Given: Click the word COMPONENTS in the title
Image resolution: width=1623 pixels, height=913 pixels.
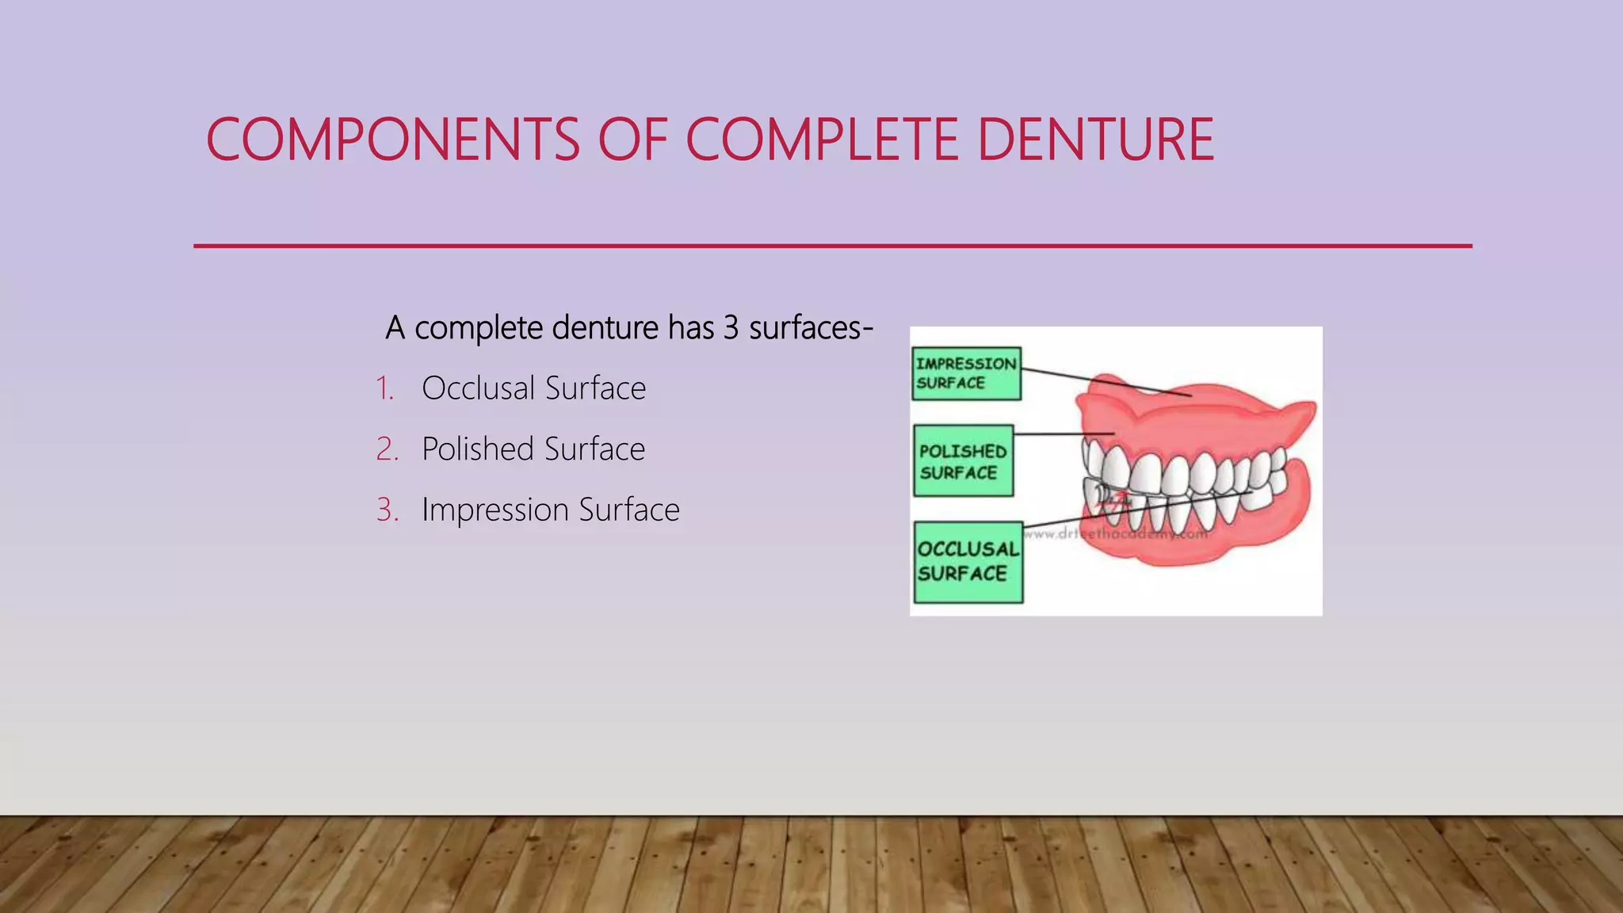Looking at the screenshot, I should (393, 140).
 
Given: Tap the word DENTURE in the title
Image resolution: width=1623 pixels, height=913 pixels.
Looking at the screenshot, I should (1095, 140).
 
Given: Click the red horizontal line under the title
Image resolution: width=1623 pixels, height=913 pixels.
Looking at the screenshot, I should (832, 246).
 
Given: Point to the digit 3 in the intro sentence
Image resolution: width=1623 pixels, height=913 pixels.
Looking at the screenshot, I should (731, 328).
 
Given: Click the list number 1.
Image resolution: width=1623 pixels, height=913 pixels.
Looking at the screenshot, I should (384, 389).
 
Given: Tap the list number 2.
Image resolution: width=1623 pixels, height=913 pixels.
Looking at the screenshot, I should (386, 449).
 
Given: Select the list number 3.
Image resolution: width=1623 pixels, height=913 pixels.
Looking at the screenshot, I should (386, 510).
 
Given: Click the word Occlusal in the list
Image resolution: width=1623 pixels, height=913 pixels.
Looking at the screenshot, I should (478, 389).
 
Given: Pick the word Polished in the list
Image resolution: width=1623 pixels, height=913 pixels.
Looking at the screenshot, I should (478, 449).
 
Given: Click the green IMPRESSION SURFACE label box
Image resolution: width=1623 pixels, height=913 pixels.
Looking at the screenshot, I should (966, 373).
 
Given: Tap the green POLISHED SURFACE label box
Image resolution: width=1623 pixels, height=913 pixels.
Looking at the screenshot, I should (963, 461).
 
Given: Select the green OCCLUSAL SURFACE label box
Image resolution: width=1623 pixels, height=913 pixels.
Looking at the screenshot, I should (968, 562).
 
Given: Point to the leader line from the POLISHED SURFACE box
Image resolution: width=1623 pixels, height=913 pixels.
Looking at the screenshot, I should (1062, 434).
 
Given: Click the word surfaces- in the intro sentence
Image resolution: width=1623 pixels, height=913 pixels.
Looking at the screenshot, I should (810, 328).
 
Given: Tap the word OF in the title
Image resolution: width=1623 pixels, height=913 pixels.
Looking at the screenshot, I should (632, 140).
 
